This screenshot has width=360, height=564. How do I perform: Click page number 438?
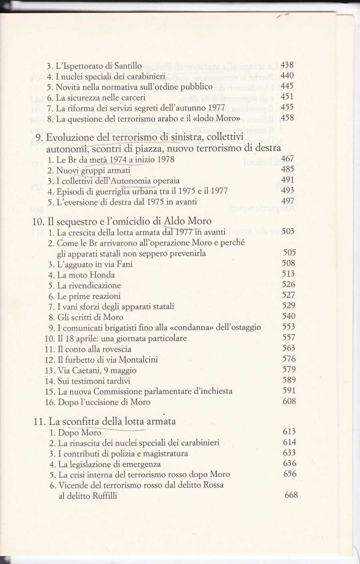point(287,65)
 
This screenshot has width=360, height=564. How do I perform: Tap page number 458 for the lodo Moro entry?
point(287,118)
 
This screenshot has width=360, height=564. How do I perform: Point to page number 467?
point(287,159)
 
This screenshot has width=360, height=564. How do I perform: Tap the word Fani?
point(124,264)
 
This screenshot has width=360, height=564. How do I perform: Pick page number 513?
point(288,274)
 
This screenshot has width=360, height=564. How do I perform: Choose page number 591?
point(289,391)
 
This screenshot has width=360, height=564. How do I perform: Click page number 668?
point(291,495)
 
